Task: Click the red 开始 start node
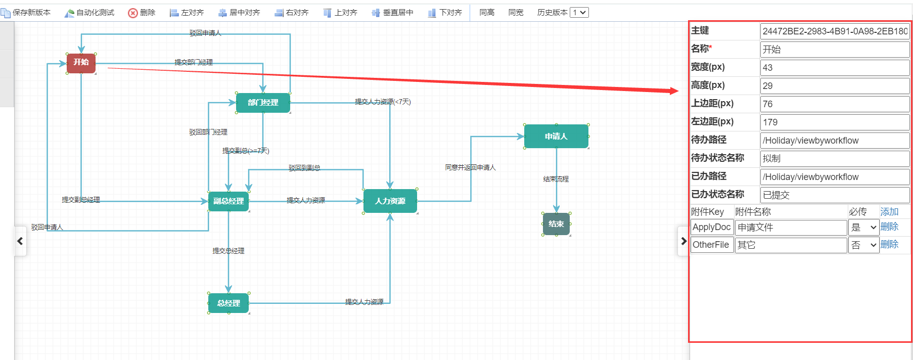tap(81, 63)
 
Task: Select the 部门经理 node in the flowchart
tap(263, 103)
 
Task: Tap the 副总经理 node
tap(229, 201)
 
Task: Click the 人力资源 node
tap(390, 201)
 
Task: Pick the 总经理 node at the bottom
tap(229, 303)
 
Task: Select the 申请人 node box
tap(556, 137)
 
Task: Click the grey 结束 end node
tap(556, 224)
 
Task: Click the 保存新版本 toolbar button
tap(26, 13)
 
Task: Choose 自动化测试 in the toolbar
tap(89, 13)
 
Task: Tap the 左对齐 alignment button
tap(187, 13)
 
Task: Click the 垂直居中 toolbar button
tap(392, 13)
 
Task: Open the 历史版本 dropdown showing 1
tap(579, 13)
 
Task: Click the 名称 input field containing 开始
tap(835, 50)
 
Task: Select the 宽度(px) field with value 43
tap(835, 68)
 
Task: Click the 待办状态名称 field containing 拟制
tap(835, 159)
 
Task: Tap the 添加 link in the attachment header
tap(889, 212)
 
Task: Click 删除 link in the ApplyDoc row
tap(889, 227)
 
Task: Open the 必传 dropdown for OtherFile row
tap(863, 245)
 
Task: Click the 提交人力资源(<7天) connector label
tap(383, 102)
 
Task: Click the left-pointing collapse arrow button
tap(20, 241)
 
